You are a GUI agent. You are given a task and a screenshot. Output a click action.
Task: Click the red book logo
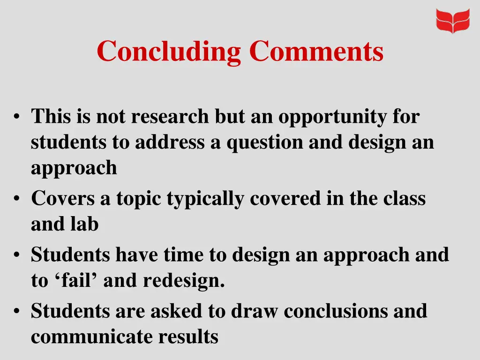point(452,21)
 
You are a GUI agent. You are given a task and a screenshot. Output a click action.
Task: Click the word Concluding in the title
point(170,51)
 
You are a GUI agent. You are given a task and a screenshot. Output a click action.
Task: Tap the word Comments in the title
point(316,51)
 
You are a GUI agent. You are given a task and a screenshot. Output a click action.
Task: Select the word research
point(170,117)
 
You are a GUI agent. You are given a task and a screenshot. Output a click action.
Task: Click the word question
point(264,142)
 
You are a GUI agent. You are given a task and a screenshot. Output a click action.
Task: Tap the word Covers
point(63,199)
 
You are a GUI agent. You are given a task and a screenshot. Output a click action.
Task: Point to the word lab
point(85,224)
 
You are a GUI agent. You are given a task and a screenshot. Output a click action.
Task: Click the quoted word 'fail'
point(78,280)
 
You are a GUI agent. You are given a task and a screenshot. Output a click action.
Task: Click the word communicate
point(92,337)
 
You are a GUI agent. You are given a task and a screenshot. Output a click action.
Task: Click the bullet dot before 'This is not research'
point(17,117)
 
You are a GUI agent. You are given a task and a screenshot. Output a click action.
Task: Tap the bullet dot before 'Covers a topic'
point(17,199)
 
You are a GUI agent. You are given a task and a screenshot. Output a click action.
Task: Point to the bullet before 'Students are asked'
point(17,311)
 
